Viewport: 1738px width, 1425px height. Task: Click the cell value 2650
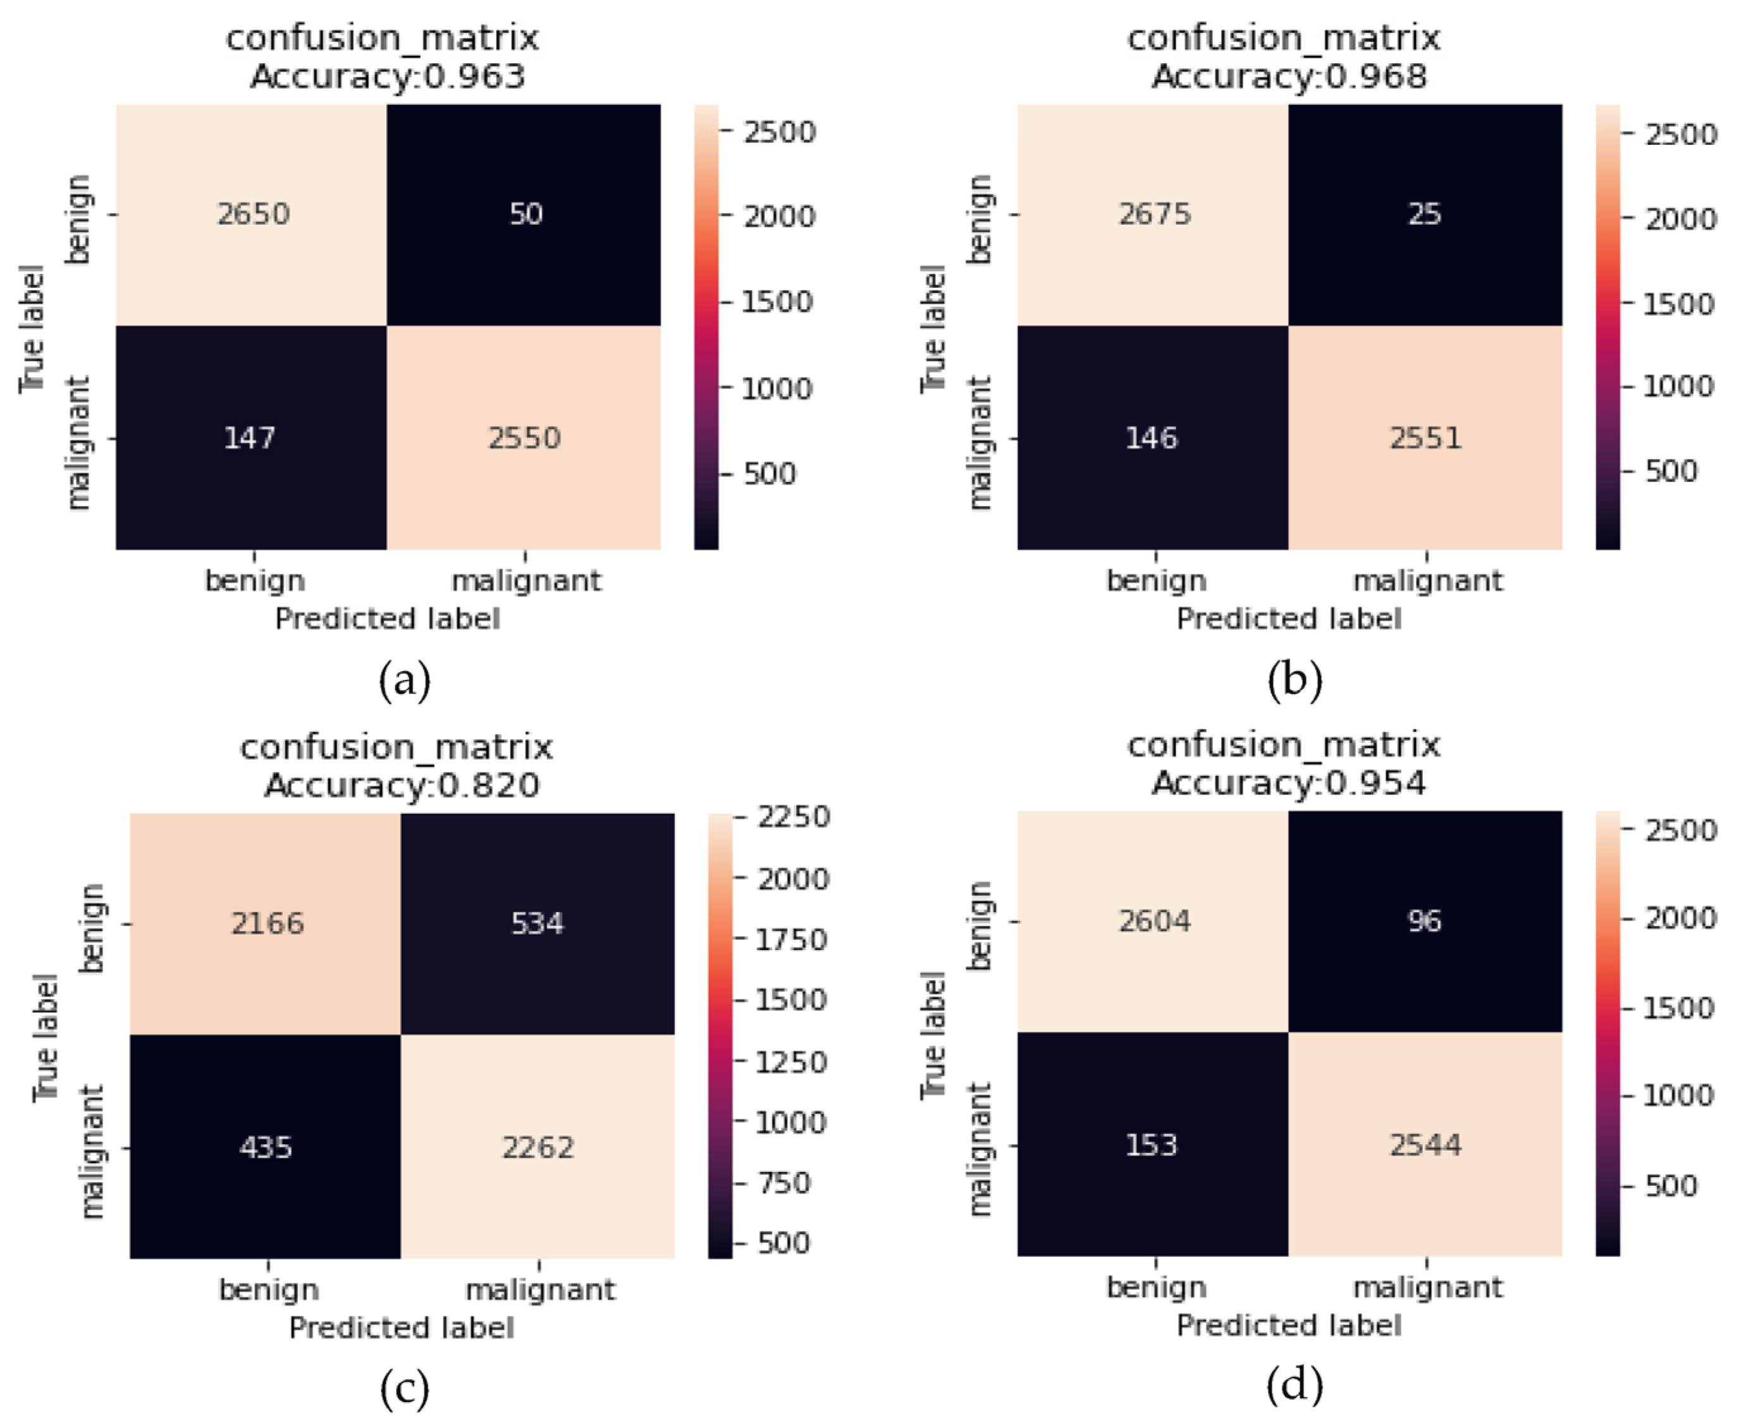tap(253, 214)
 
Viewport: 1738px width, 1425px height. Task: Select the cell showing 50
tap(525, 214)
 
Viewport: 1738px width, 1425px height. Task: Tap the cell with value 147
tap(249, 438)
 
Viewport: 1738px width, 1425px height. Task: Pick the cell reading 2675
tap(1154, 214)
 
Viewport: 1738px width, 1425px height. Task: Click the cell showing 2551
tap(1425, 438)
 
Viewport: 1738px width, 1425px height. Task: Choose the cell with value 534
tap(538, 923)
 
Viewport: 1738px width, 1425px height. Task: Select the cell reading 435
tap(265, 1147)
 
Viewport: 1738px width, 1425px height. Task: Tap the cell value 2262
tap(538, 1147)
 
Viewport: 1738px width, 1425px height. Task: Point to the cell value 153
tap(1151, 1144)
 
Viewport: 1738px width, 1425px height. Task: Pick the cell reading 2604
tap(1154, 921)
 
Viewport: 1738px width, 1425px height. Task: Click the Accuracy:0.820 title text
tap(402, 786)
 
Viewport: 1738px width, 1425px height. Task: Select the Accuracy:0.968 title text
tap(1289, 77)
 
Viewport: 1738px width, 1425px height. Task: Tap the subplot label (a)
tap(405, 681)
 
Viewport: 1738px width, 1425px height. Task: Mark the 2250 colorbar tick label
tap(793, 817)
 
